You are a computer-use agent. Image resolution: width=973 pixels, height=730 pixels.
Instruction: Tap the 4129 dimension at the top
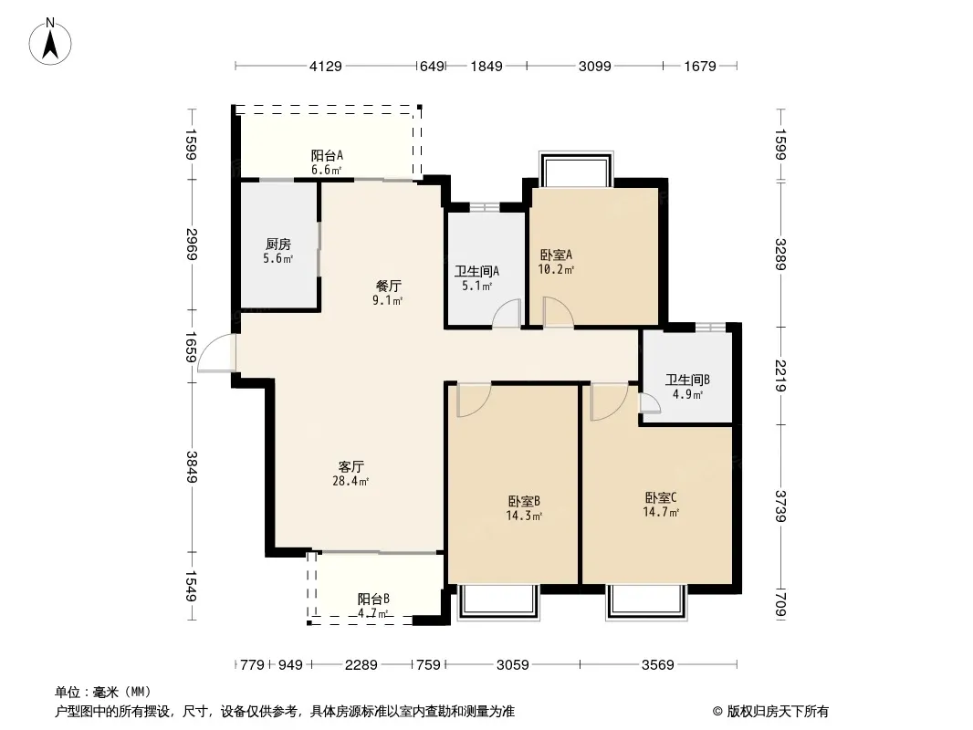click(x=326, y=66)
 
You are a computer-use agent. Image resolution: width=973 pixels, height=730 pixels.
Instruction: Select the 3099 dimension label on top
click(x=594, y=66)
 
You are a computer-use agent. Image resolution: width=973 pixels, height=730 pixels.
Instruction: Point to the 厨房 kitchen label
click(x=278, y=244)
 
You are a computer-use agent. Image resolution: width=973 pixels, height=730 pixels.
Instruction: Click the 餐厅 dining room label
click(x=389, y=286)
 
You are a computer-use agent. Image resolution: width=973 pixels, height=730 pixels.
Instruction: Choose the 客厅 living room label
click(x=351, y=466)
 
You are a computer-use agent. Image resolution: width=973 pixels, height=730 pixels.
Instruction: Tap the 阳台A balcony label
click(x=327, y=155)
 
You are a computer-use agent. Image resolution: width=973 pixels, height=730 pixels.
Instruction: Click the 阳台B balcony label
click(x=373, y=599)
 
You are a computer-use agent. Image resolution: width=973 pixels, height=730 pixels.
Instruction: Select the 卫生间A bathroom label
click(x=476, y=271)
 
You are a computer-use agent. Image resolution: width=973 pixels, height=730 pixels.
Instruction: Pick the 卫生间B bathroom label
click(x=687, y=380)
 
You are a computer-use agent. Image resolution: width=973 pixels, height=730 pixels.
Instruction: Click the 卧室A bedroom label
click(x=556, y=255)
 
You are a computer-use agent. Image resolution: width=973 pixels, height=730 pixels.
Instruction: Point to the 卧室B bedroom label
click(x=524, y=501)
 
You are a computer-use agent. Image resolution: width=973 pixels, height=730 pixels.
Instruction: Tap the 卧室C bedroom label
click(x=661, y=497)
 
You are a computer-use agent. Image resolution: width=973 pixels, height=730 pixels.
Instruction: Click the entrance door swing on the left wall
click(x=216, y=353)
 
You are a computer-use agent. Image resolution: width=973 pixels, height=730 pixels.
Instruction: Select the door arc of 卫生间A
click(x=507, y=313)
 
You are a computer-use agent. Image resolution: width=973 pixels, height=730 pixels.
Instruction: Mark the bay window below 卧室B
click(x=498, y=602)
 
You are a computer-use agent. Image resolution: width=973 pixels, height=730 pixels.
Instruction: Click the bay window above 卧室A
click(x=577, y=169)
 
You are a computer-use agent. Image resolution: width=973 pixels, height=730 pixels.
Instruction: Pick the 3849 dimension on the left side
click(x=193, y=467)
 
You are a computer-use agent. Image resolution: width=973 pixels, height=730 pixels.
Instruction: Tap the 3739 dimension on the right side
click(x=780, y=506)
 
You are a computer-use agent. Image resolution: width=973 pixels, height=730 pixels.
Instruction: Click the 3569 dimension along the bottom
click(x=658, y=665)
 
